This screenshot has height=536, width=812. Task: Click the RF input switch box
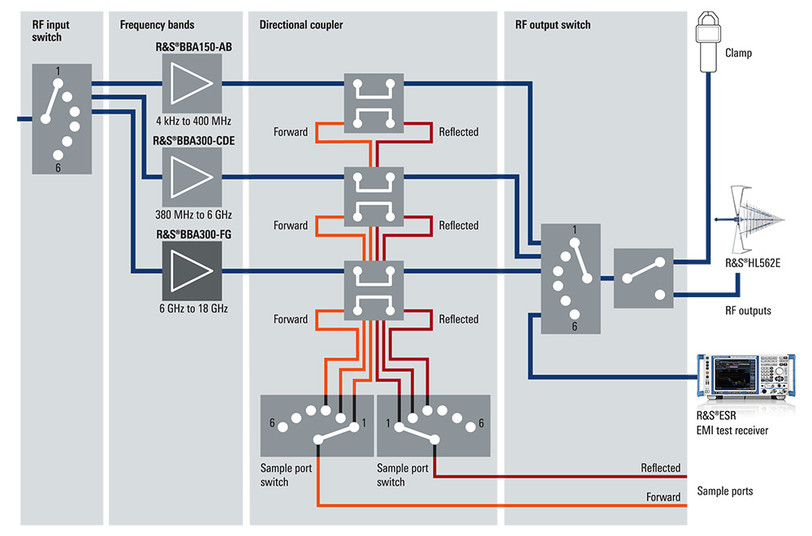62,119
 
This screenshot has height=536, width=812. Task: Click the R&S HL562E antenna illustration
750,219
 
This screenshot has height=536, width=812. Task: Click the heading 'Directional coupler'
301,25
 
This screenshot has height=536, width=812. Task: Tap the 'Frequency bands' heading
157,25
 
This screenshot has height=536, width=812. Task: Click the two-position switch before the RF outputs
643,278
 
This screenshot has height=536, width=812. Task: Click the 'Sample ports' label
725,491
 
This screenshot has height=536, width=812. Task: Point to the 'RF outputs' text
748,310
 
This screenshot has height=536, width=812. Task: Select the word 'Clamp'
738,54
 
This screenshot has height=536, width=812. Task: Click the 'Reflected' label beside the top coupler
459,132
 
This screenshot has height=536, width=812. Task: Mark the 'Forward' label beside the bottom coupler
291,319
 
